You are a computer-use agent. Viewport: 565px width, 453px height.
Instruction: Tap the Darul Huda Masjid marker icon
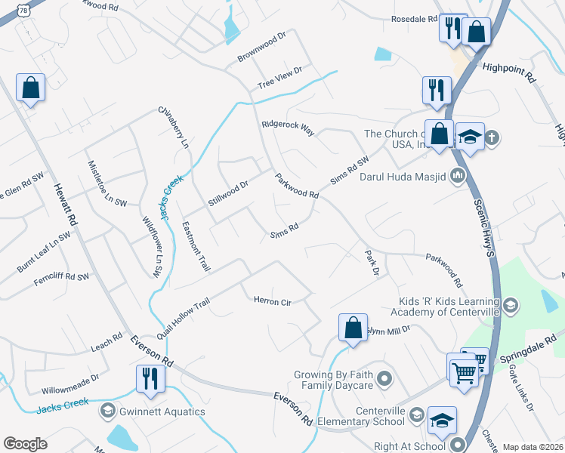click(457, 177)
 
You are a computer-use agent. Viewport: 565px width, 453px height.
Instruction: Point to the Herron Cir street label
click(271, 300)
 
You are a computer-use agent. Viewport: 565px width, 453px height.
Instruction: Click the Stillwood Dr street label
click(228, 194)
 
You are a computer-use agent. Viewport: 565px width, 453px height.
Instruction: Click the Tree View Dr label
click(279, 77)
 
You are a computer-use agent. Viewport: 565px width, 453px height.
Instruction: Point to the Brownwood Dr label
click(262, 46)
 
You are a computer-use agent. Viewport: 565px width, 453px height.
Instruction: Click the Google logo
click(25, 444)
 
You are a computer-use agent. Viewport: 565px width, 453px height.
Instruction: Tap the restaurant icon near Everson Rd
click(149, 377)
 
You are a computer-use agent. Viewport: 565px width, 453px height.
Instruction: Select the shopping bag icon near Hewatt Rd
click(30, 87)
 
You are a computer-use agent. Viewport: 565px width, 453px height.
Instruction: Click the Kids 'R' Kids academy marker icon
click(511, 306)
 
